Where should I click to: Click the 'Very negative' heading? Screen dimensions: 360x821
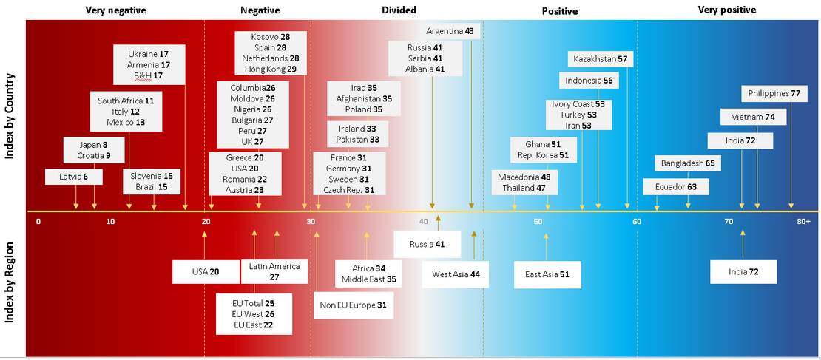pyautogui.click(x=115, y=10)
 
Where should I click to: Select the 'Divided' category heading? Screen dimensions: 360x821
pyautogui.click(x=399, y=10)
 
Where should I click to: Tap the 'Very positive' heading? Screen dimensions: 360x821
pyautogui.click(x=727, y=10)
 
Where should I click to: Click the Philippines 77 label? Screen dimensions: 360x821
pyautogui.click(x=774, y=94)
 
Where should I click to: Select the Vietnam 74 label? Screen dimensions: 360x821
pyautogui.click(x=753, y=117)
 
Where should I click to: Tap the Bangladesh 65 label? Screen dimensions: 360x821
pyautogui.click(x=687, y=163)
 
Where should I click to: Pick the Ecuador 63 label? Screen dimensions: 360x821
pyautogui.click(x=675, y=187)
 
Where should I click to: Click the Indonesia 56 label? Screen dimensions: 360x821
pyautogui.click(x=588, y=81)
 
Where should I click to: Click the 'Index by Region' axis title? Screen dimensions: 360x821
pyautogui.click(x=12, y=287)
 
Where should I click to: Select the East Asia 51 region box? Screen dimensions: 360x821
pyautogui.click(x=547, y=274)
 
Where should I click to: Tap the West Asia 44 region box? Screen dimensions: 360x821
pyautogui.click(x=456, y=274)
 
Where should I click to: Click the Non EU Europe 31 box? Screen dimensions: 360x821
pyautogui.click(x=353, y=304)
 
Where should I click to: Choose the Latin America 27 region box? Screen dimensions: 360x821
pyautogui.click(x=274, y=271)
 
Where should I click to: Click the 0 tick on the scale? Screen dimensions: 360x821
pyautogui.click(x=38, y=222)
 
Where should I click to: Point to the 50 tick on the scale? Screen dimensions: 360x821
pyautogui.click(x=537, y=222)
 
